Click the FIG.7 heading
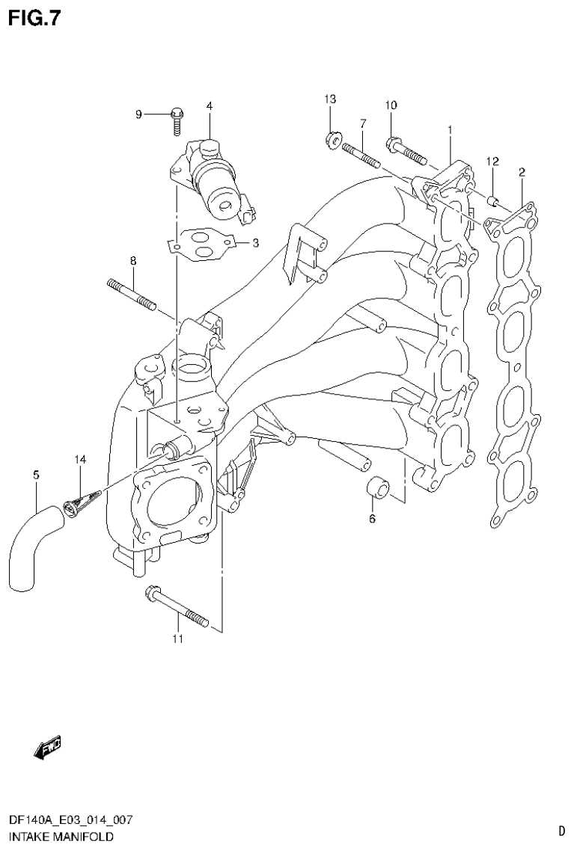33,17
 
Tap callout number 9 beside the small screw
138,114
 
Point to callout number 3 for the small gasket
255,242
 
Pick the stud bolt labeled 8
132,294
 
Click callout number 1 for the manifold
450,130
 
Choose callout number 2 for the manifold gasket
522,173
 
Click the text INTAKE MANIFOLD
61,837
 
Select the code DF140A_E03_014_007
71,821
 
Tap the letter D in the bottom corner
561,830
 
